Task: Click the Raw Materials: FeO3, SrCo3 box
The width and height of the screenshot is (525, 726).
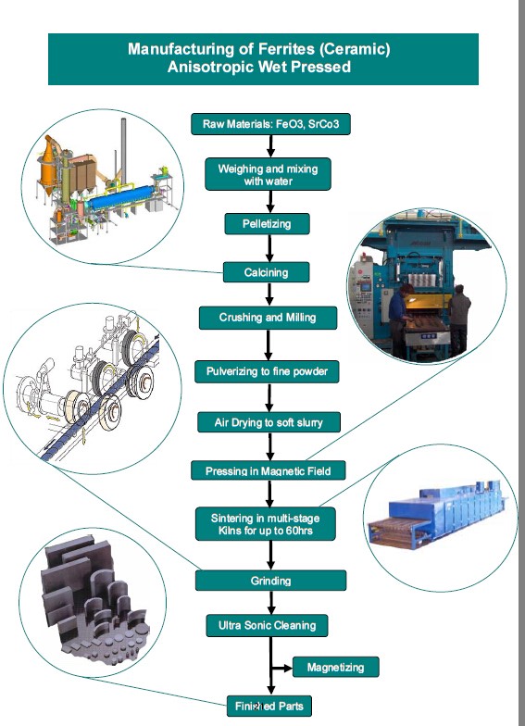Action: [x=270, y=124]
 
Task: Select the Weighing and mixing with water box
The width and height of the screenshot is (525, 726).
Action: [x=269, y=174]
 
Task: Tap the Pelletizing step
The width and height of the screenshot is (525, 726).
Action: [x=267, y=224]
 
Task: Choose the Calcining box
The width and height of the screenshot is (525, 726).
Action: [x=267, y=272]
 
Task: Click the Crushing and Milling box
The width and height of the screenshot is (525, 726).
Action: [x=269, y=318]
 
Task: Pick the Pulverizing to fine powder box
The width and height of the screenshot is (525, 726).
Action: [x=267, y=372]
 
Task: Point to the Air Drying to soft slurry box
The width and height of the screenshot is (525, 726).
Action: [x=269, y=422]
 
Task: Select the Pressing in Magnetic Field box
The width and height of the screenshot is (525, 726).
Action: [x=269, y=470]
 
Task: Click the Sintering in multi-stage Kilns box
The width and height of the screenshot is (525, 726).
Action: [x=265, y=524]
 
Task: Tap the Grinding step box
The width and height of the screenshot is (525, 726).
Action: [x=270, y=581]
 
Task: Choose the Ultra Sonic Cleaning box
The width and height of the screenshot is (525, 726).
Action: [x=267, y=626]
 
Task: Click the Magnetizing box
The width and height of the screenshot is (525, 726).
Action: [x=335, y=667]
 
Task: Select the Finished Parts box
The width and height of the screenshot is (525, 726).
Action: [x=269, y=706]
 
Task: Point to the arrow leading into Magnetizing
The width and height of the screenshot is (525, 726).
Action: [x=281, y=668]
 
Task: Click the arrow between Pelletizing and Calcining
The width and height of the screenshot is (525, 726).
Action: [x=269, y=248]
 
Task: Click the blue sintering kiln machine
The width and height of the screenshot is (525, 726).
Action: [x=437, y=514]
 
